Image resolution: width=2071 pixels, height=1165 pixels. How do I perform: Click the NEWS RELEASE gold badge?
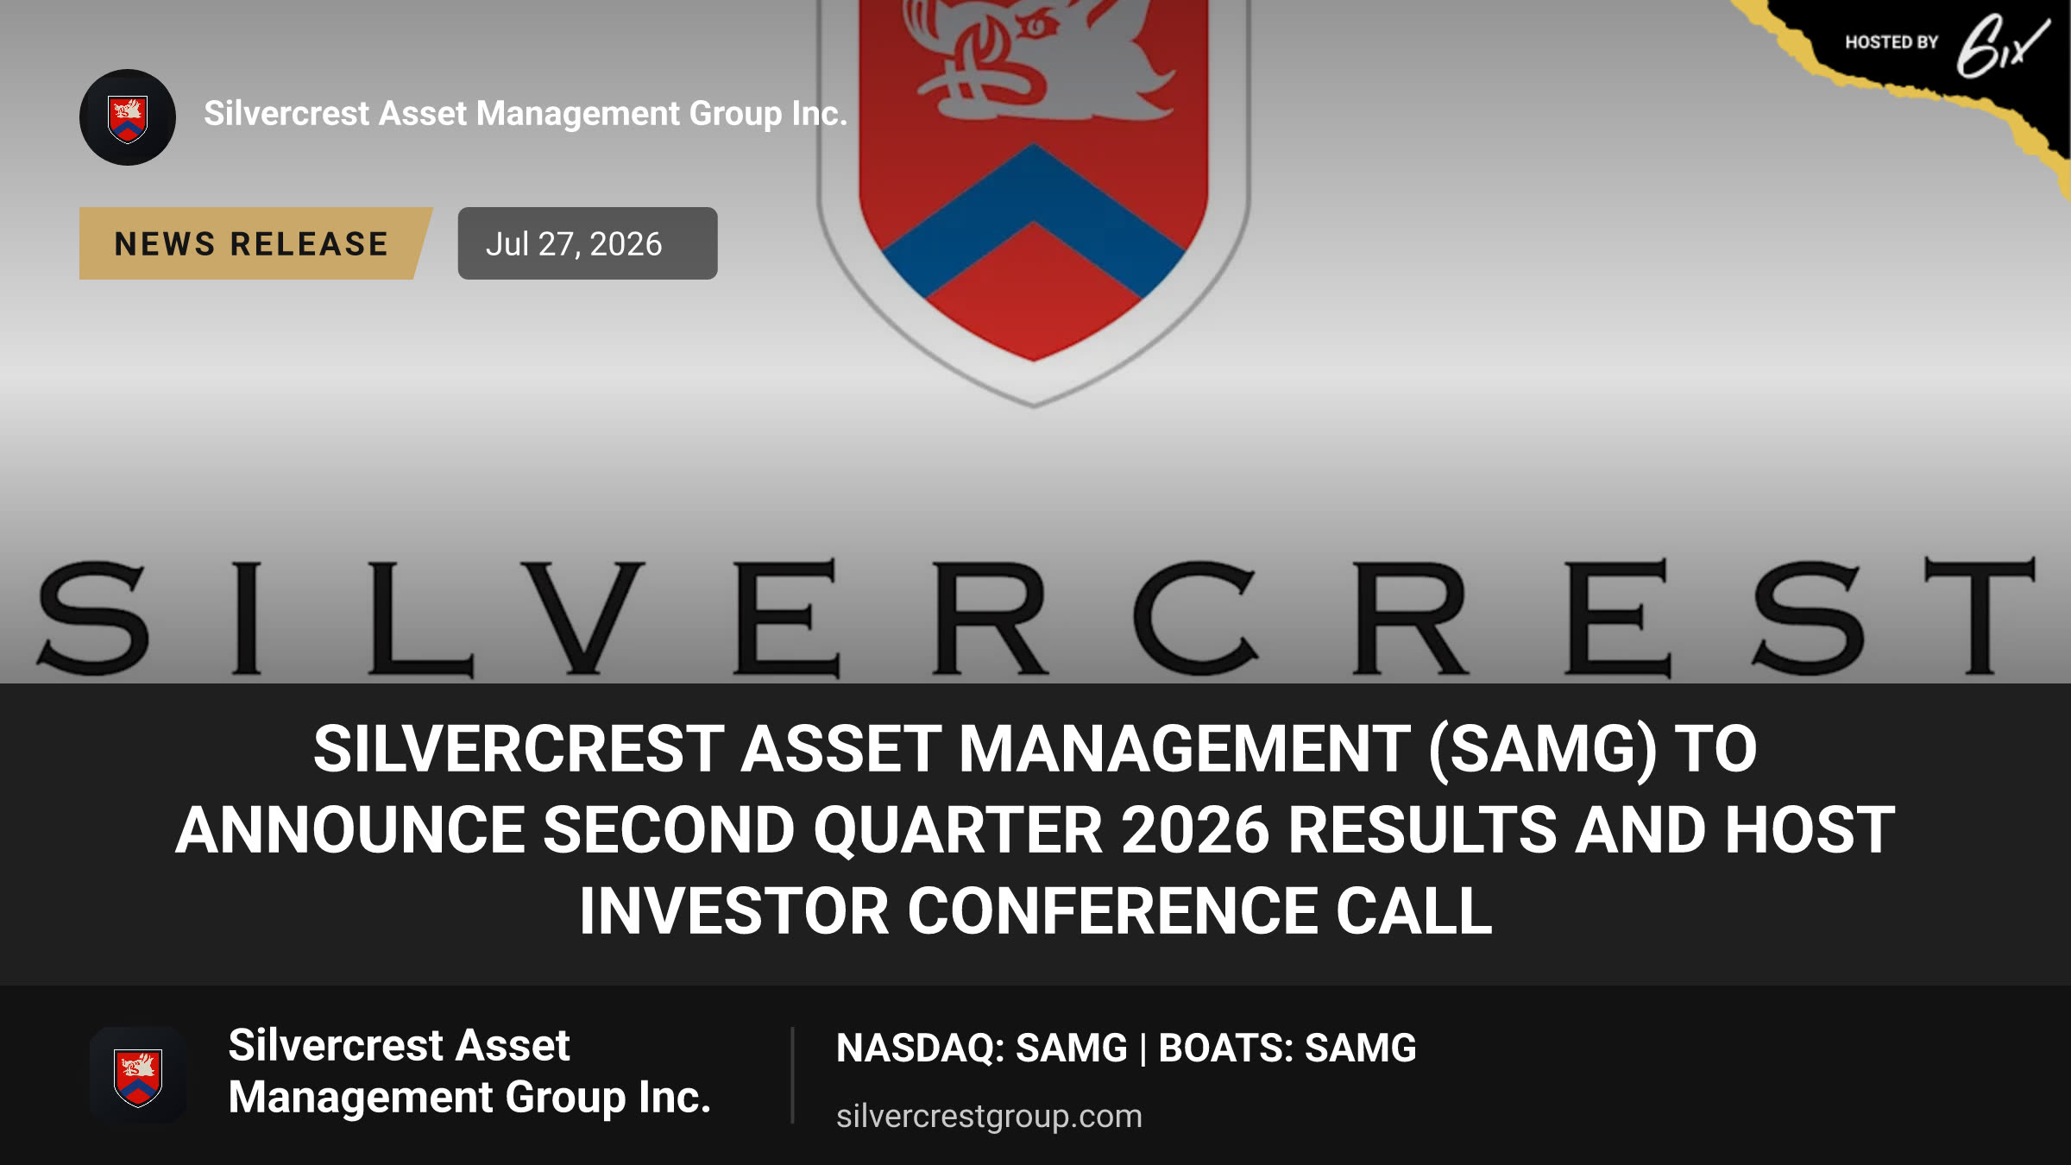255,243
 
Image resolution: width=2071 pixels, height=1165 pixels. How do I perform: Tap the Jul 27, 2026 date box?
588,243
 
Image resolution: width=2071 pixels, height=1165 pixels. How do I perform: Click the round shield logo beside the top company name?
128,117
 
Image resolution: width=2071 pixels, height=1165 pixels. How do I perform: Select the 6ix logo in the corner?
2002,46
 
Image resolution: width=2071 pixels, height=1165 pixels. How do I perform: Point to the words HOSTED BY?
1892,42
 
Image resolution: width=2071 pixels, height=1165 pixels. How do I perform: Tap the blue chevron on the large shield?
1034,220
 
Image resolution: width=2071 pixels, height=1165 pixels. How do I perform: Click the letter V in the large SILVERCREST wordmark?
583,617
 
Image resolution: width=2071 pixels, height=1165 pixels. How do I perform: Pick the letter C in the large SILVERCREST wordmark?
1195,617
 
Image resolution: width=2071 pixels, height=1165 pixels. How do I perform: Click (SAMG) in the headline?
1543,748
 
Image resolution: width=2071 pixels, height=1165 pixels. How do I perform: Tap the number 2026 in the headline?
1195,829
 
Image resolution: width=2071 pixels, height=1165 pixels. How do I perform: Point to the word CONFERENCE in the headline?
1112,911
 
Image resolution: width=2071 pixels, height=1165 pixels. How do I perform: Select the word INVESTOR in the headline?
734,911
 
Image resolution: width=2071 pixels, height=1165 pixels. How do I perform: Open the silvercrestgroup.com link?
989,1116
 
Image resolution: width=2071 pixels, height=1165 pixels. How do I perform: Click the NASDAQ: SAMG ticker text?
982,1048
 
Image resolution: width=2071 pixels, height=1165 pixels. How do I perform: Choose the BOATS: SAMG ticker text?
1287,1048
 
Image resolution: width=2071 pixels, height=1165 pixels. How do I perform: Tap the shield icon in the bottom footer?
138,1075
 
